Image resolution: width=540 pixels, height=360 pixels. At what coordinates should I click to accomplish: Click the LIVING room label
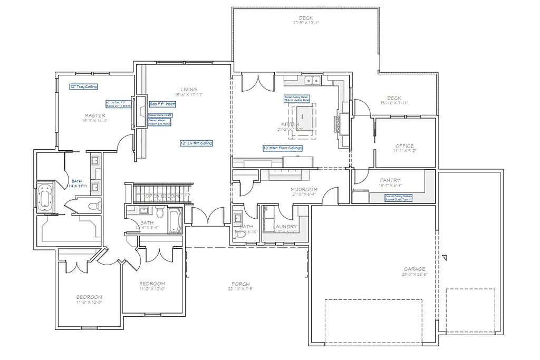point(188,90)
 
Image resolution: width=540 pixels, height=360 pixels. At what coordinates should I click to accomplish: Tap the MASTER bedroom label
point(94,115)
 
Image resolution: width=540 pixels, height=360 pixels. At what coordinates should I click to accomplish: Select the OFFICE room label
point(404,146)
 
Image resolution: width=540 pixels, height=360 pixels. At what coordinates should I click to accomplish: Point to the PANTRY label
point(390,180)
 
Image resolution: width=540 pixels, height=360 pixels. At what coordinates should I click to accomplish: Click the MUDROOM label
point(304,190)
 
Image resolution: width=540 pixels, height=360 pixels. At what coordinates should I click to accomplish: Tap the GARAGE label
point(414,269)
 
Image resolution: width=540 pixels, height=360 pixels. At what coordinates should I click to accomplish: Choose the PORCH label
point(240,284)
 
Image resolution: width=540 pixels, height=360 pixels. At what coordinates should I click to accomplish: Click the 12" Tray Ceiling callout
point(83,86)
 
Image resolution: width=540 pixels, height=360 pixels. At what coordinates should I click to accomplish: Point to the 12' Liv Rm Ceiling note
point(196,143)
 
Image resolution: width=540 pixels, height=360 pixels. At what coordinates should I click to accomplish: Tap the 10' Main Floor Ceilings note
point(283,148)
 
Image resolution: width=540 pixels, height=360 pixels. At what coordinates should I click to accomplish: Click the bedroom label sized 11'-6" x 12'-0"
point(89,297)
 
